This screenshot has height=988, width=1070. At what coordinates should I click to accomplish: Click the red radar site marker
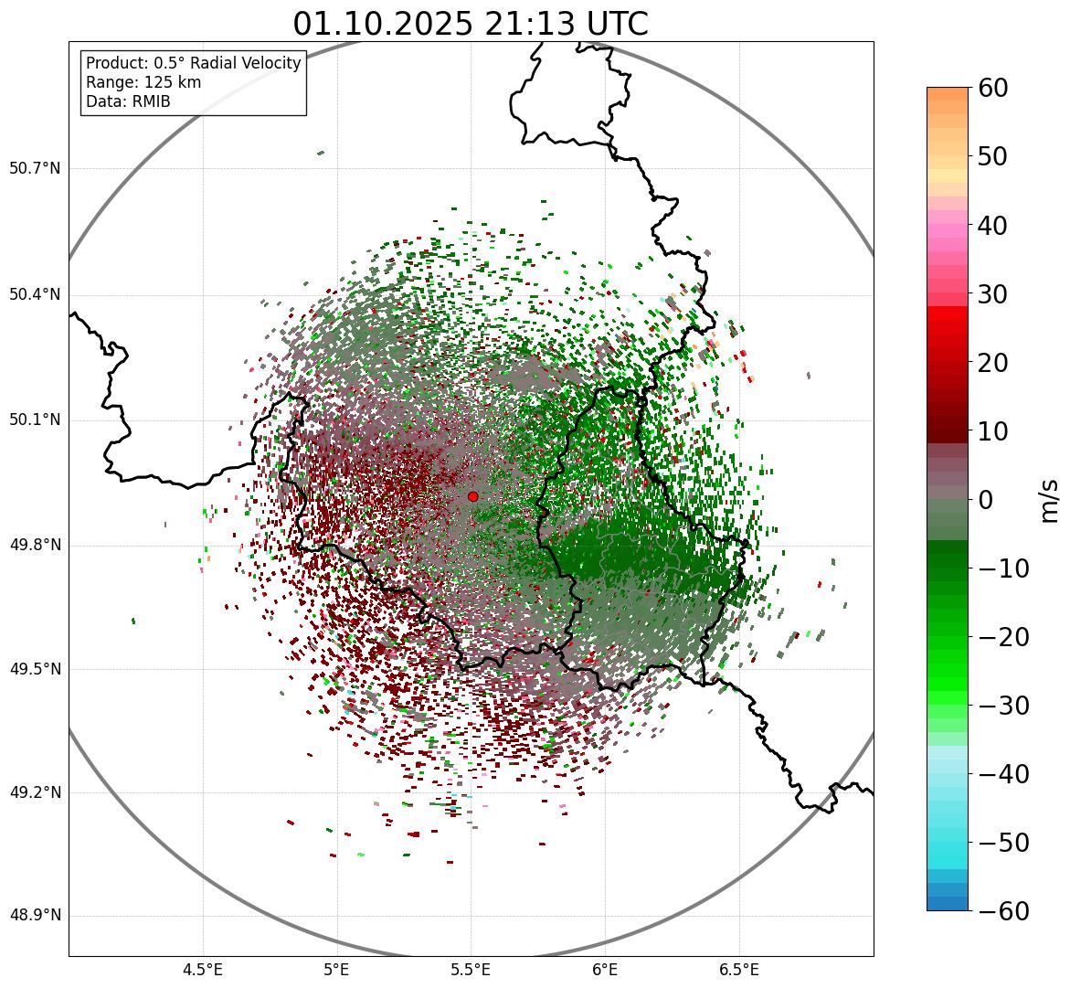point(472,496)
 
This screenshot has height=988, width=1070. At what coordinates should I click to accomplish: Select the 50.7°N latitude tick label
point(35,168)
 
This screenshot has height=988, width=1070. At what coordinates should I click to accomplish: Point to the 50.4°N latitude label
point(35,294)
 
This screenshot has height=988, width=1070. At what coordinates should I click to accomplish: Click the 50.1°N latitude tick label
point(35,420)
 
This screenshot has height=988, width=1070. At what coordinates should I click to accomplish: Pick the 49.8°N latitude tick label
point(35,545)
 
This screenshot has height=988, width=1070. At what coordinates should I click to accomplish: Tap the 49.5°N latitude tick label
point(35,669)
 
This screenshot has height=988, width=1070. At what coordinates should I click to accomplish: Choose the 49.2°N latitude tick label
point(35,792)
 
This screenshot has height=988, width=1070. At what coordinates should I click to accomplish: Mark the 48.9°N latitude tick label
point(35,916)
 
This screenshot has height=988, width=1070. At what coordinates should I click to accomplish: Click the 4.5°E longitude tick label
point(203,970)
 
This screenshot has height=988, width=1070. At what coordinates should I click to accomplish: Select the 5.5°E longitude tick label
point(471,970)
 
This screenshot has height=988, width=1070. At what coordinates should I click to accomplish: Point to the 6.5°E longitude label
point(738,970)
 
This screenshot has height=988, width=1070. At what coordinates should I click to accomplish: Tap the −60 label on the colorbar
point(1003,911)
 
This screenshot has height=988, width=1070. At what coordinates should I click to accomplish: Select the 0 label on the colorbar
point(986,500)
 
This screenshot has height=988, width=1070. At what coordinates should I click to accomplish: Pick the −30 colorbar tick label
point(1003,706)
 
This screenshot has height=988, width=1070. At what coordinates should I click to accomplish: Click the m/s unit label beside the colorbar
point(1050,500)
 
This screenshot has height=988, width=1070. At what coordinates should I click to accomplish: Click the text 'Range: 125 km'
point(143,82)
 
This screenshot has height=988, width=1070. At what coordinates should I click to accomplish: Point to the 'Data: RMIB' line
point(128,101)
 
